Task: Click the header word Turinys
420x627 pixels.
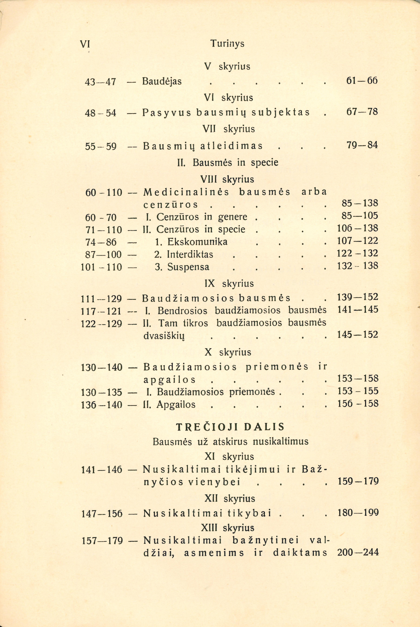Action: [x=227, y=43]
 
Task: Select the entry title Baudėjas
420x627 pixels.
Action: [x=162, y=81]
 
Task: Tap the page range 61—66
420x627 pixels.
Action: [x=362, y=80]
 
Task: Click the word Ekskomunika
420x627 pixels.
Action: [x=197, y=242]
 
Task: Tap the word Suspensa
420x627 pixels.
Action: [x=188, y=267]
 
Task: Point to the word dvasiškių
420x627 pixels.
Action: [x=164, y=336]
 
